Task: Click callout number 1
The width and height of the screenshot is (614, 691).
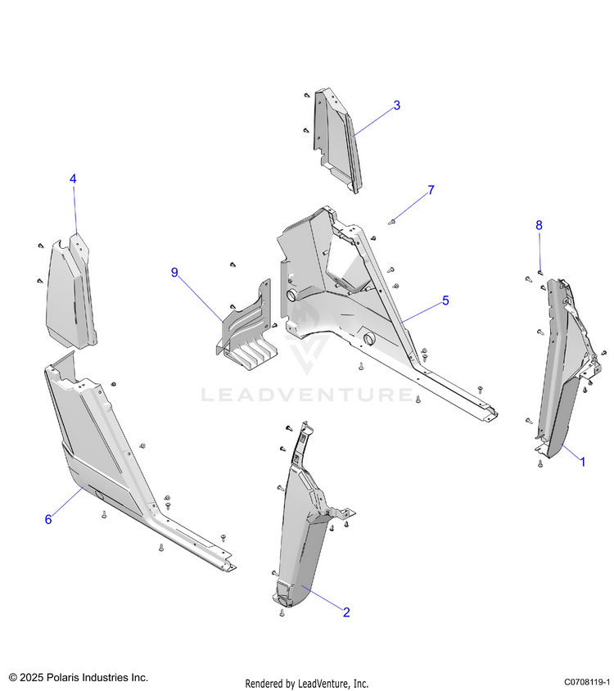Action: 582,462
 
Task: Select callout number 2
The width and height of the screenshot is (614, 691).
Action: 346,612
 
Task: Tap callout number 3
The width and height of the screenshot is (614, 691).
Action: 396,106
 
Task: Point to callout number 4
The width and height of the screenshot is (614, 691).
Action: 73,178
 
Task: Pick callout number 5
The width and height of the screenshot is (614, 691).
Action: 445,300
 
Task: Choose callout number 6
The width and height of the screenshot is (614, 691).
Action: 48,519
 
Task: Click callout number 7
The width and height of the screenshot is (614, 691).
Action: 431,191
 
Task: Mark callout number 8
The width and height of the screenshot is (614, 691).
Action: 539,224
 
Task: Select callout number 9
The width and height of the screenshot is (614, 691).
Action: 174,273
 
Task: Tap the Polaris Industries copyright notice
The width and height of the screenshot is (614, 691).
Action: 79,678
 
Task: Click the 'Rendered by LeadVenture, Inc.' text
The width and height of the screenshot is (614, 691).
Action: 307,683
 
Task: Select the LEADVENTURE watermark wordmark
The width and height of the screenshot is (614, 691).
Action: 308,396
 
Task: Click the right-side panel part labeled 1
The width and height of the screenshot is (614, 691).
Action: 561,368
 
